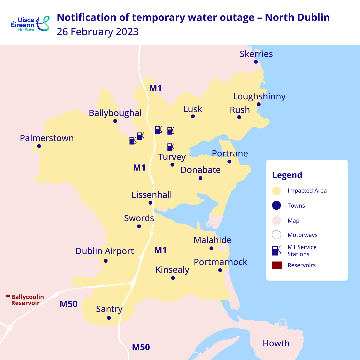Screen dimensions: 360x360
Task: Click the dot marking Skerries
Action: pyautogui.click(x=256, y=62)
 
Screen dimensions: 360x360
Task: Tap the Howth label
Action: pyautogui.click(x=276, y=343)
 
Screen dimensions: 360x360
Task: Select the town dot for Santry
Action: pyautogui.click(x=109, y=318)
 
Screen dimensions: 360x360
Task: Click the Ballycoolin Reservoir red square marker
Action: pyautogui.click(x=8, y=296)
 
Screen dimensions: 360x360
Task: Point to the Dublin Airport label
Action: pyautogui.click(x=105, y=251)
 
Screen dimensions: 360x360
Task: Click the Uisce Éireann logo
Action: pyautogui.click(x=30, y=24)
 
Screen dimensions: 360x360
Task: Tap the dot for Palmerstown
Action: pyautogui.click(x=39, y=146)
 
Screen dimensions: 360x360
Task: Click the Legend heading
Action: pyautogui.click(x=287, y=175)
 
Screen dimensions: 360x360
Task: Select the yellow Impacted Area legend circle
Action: pyautogui.click(x=276, y=191)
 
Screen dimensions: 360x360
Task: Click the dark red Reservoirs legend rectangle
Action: pyautogui.click(x=277, y=265)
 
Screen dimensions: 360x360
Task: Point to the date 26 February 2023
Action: pyautogui.click(x=97, y=32)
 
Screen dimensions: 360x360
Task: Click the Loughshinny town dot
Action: pyautogui.click(x=259, y=104)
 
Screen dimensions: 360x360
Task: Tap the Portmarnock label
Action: pyautogui.click(x=220, y=262)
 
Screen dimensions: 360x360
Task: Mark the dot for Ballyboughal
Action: pyautogui.click(x=115, y=121)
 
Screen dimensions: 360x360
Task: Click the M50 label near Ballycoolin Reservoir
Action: pyautogui.click(x=69, y=304)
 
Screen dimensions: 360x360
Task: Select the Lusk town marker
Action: pyautogui.click(x=193, y=116)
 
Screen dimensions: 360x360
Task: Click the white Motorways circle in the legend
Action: pyautogui.click(x=276, y=235)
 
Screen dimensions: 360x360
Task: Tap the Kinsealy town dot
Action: pyautogui.click(x=173, y=278)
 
